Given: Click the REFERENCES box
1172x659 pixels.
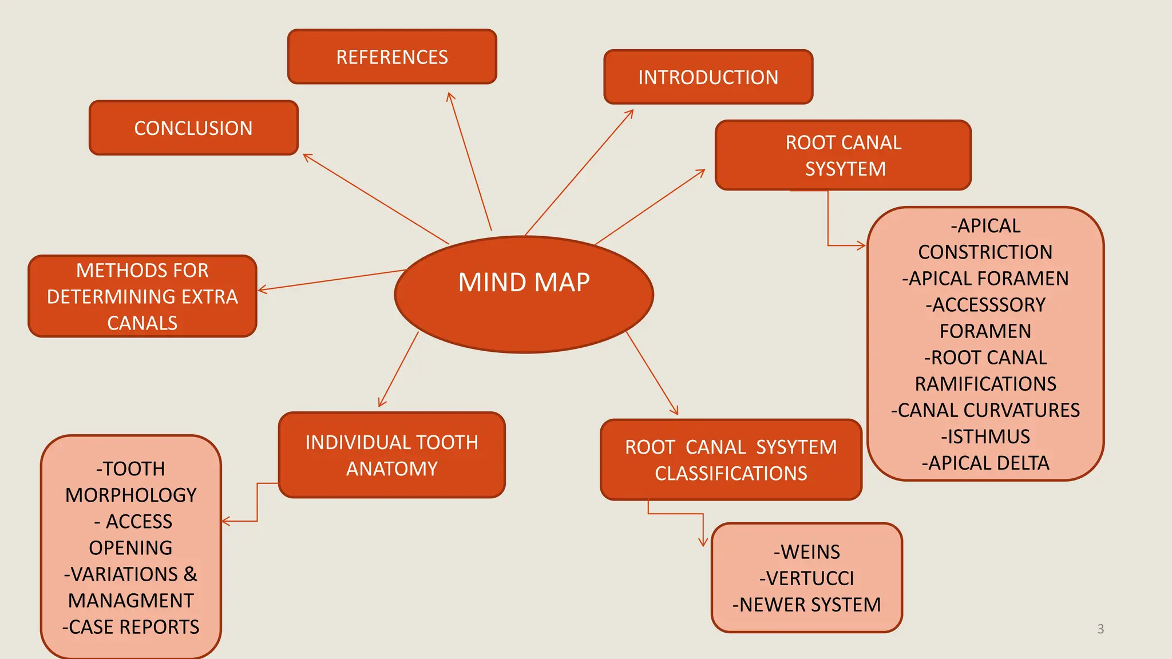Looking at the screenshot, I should (392, 57).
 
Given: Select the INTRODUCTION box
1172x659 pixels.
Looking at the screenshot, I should (708, 77).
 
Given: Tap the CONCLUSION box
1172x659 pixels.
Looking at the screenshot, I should (193, 128).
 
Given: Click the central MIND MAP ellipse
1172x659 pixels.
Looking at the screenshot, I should (524, 295).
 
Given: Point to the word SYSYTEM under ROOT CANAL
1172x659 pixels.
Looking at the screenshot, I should (845, 169).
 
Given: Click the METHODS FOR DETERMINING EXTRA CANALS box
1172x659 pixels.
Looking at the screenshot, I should (142, 296).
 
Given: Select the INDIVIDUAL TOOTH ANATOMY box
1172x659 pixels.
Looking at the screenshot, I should (391, 455).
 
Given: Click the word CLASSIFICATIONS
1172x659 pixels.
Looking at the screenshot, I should (731, 474).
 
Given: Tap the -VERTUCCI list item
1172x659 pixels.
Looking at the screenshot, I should (806, 578).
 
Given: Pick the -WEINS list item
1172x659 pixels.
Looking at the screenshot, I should (806, 552).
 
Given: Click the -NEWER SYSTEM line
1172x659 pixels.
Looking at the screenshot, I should (806, 605).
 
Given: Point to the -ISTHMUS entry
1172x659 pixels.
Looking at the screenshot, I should (985, 436).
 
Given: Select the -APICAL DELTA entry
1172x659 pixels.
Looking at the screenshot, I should (985, 463).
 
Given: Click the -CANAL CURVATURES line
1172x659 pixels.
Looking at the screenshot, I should (985, 410).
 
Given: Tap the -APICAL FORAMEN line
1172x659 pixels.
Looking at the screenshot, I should (985, 279).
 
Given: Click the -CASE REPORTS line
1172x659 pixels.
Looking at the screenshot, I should (130, 627).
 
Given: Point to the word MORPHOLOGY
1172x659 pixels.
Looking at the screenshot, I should (130, 495).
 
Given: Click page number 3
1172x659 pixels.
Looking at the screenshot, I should (1100, 629).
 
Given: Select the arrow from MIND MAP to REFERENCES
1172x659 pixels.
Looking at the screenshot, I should (470, 162).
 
